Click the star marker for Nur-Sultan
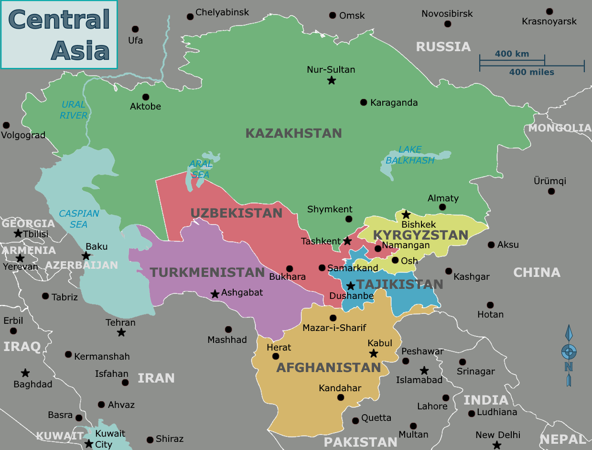pos(331,80)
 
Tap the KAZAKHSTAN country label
pos(293,133)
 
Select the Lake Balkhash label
pos(410,155)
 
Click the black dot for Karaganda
pos(364,102)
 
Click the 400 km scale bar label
pos(512,54)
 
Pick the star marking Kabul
pos(374,353)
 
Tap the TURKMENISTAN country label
pos(207,273)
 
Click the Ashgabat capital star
pos(215,294)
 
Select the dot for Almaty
pos(442,207)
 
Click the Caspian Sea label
pos(79,219)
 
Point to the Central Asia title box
pos(59,34)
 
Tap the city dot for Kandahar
pos(341,397)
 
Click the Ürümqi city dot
pos(551,191)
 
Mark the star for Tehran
pos(121,332)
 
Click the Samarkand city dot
pos(322,268)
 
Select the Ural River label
pos(74,110)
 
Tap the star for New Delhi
pos(497,445)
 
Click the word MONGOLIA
pos(560,128)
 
